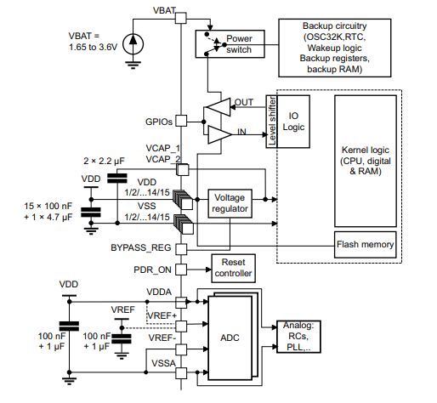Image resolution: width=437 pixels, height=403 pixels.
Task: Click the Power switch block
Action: (230, 44)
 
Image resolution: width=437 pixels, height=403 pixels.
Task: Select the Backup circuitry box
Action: (335, 48)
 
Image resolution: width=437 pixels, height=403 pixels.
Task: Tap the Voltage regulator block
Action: (230, 203)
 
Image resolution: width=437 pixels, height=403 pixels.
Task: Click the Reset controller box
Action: (233, 268)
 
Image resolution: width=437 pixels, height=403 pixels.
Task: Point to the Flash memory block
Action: (365, 245)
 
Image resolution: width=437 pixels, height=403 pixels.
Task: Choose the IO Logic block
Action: (293, 122)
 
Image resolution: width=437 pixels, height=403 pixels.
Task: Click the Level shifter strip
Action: (271, 122)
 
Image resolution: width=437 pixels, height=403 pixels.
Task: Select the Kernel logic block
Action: (366, 161)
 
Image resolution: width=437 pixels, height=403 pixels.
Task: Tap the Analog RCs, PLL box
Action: (298, 337)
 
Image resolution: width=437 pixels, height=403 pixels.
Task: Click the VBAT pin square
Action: (181, 18)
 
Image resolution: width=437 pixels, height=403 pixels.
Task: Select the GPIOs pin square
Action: (181, 121)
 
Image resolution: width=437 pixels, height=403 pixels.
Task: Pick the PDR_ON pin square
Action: (181, 270)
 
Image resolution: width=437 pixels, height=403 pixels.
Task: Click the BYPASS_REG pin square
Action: (181, 249)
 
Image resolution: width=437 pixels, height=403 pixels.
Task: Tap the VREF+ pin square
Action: (181, 326)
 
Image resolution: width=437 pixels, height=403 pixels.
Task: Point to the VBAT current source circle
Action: (133, 44)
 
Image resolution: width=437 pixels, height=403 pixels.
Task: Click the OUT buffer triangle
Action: (218, 107)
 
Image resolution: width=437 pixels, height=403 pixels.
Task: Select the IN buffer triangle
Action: (220, 134)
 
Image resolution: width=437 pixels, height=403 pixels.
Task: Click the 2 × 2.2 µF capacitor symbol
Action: (117, 179)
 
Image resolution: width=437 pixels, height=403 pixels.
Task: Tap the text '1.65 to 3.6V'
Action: (93, 47)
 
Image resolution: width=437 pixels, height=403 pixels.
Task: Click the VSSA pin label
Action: (163, 363)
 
